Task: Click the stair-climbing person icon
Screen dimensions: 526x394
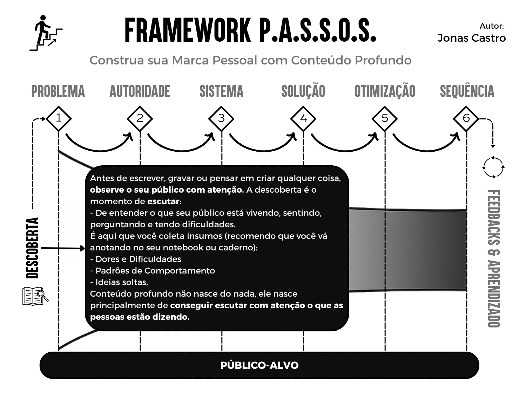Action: [46, 33]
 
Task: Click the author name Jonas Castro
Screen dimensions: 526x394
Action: [471, 38]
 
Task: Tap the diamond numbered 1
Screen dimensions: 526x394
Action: [59, 118]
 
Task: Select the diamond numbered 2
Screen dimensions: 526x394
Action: [140, 118]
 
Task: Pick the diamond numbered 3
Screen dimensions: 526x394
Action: [221, 118]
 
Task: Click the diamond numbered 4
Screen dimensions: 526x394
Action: [303, 118]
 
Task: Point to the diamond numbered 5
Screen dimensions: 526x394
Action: [385, 118]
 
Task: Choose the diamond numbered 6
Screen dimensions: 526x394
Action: [466, 118]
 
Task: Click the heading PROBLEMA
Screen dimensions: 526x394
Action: [58, 91]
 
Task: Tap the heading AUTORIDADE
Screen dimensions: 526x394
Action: [140, 91]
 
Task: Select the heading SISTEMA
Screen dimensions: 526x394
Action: [221, 91]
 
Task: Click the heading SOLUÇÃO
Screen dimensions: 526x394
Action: [303, 91]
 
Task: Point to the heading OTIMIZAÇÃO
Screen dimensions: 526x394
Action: [385, 91]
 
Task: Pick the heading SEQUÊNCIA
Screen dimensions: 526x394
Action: [467, 91]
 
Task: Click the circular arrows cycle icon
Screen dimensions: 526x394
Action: [493, 167]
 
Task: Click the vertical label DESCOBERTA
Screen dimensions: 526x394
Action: [33, 248]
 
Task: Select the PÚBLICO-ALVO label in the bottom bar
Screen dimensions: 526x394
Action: [259, 365]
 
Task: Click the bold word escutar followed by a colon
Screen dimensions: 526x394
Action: [163, 201]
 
